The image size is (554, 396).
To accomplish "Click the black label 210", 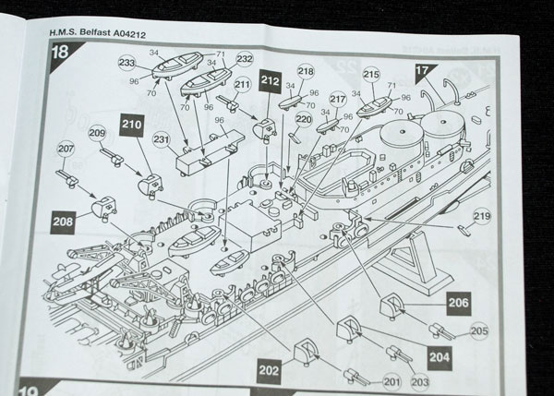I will click(x=131, y=123).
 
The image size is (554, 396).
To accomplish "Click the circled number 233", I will click(x=127, y=62).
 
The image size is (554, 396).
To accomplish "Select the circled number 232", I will click(x=244, y=58).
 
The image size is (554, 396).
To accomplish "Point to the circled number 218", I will click(x=307, y=72).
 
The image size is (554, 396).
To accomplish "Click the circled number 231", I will click(x=162, y=140).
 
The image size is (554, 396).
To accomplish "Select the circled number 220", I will click(x=303, y=118).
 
